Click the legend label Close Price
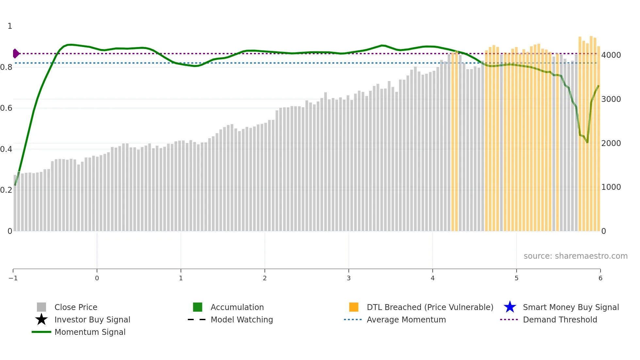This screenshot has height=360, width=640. pyautogui.click(x=76, y=307)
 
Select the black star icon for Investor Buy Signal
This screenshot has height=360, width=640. pyautogui.click(x=41, y=319)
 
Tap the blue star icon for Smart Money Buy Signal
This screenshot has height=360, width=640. pyautogui.click(x=510, y=307)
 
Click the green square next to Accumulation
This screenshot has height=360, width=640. pyautogui.click(x=198, y=307)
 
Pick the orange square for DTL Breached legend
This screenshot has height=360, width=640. pyautogui.click(x=354, y=307)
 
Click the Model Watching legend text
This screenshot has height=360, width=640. pyautogui.click(x=242, y=319)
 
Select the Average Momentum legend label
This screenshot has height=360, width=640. pyautogui.click(x=406, y=319)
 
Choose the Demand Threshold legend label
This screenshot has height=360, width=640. pyautogui.click(x=560, y=319)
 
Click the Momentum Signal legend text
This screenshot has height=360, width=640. pyautogui.click(x=90, y=332)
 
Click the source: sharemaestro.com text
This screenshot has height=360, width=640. pyautogui.click(x=575, y=256)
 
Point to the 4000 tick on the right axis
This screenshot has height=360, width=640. pyautogui.click(x=611, y=55)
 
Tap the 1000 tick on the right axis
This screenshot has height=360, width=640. pyautogui.click(x=611, y=187)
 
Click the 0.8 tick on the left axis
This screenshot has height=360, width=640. pyautogui.click(x=6, y=67)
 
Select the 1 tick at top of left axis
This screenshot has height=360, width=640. pyautogui.click(x=10, y=26)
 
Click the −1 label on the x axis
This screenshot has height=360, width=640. pyautogui.click(x=13, y=278)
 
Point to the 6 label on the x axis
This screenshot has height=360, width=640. pyautogui.click(x=600, y=278)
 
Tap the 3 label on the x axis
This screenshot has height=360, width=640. pyautogui.click(x=348, y=278)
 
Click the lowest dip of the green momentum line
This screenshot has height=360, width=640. pyautogui.click(x=587, y=142)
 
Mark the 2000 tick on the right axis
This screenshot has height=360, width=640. pyautogui.click(x=611, y=143)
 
